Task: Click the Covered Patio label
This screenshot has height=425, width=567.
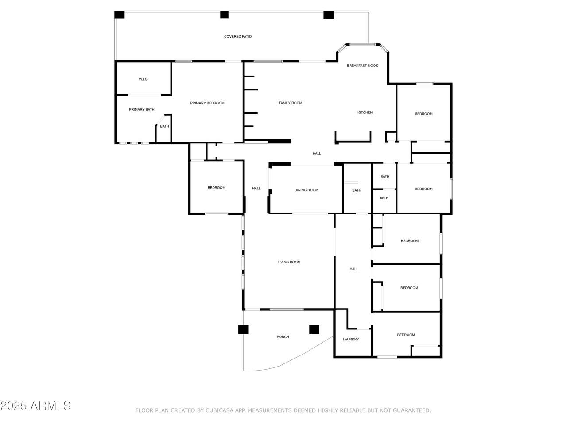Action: [x=237, y=37]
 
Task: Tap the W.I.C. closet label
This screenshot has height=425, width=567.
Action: [x=144, y=79]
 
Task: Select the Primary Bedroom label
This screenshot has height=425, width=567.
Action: [x=207, y=103]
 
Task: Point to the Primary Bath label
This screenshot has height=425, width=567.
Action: [x=142, y=110]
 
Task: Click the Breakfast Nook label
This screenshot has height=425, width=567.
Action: [x=362, y=66]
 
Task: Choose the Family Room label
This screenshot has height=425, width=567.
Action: [x=290, y=103]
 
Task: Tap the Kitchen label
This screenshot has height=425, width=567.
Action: [x=365, y=112]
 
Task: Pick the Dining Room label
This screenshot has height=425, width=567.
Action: [x=306, y=190]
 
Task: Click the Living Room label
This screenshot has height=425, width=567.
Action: [x=289, y=262]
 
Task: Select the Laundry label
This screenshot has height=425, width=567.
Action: [x=351, y=339]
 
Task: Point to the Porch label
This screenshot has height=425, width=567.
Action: [x=283, y=337]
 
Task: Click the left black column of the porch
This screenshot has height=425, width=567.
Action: [x=243, y=329]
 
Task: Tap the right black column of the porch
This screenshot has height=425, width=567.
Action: [x=314, y=329]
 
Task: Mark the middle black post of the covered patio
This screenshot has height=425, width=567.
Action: [x=224, y=15]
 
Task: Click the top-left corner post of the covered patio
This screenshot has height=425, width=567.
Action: [x=119, y=15]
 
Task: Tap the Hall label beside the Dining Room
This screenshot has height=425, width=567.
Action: [x=256, y=189]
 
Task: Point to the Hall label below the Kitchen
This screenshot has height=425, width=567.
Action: [x=317, y=154]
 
